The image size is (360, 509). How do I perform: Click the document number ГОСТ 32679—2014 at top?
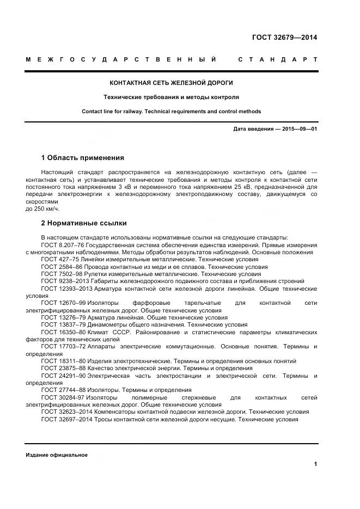pos(284,38)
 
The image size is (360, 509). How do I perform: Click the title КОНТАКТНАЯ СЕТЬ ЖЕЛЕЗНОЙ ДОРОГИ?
pos(172,83)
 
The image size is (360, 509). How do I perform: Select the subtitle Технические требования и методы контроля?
pos(172,97)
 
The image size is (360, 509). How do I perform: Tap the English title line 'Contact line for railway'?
pos(172,112)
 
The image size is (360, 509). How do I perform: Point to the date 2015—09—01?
pos(298,129)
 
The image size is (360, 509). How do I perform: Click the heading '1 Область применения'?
pos(82,158)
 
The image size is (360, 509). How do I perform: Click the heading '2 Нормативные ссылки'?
pos(83,223)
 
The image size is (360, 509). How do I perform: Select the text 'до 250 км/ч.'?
pos(42,208)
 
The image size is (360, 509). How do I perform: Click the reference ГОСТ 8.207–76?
pos(61,246)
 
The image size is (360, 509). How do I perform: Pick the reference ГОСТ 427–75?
pos(59,260)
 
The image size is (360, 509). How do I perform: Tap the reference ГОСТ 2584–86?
pos(60,267)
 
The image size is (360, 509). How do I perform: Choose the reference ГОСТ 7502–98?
pos(60,274)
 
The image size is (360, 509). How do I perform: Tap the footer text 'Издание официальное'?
pos(56,455)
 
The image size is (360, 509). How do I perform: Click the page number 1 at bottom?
pos(315,464)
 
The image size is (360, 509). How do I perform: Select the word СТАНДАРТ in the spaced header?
pos(278,59)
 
